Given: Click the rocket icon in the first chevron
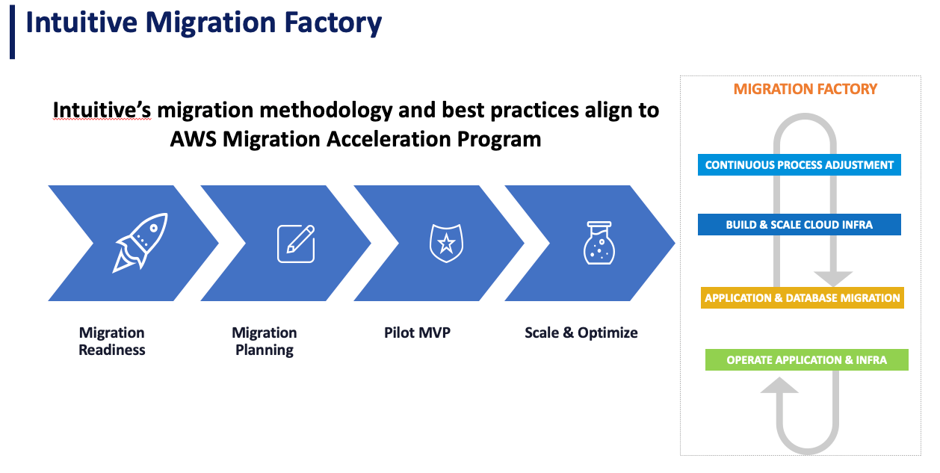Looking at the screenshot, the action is click(x=140, y=243).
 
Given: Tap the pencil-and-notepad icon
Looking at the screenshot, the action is click(x=296, y=244).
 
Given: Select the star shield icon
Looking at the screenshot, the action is click(x=446, y=243).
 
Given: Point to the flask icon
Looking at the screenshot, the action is click(x=599, y=243).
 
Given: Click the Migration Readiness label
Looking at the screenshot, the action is click(x=111, y=341).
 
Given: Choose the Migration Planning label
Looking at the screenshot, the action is click(x=265, y=341).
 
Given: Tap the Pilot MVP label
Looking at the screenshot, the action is click(x=417, y=333).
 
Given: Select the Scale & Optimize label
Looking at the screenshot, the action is click(x=581, y=333).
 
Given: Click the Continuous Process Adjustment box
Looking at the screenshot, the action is click(x=799, y=164).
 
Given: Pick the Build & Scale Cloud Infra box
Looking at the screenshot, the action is click(x=799, y=224).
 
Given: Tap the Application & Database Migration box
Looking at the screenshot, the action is click(x=802, y=298).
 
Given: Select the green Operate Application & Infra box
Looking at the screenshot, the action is click(x=806, y=359).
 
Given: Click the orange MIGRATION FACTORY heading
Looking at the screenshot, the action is click(x=806, y=89).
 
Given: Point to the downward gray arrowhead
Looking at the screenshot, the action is click(x=833, y=279).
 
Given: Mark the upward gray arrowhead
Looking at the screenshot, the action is click(x=779, y=384).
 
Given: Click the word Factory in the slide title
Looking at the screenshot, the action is click(x=333, y=22).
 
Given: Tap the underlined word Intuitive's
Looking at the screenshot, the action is click(x=102, y=111).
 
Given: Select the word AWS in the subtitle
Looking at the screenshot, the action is click(x=193, y=139).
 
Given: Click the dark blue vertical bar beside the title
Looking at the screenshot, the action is click(x=12, y=32).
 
